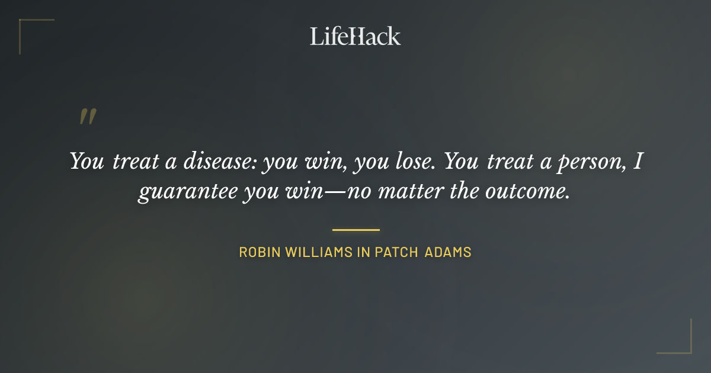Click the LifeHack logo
point(355,37)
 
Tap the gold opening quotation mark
point(88,117)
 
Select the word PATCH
point(396,252)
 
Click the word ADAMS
point(448,252)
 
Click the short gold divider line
point(355,230)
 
